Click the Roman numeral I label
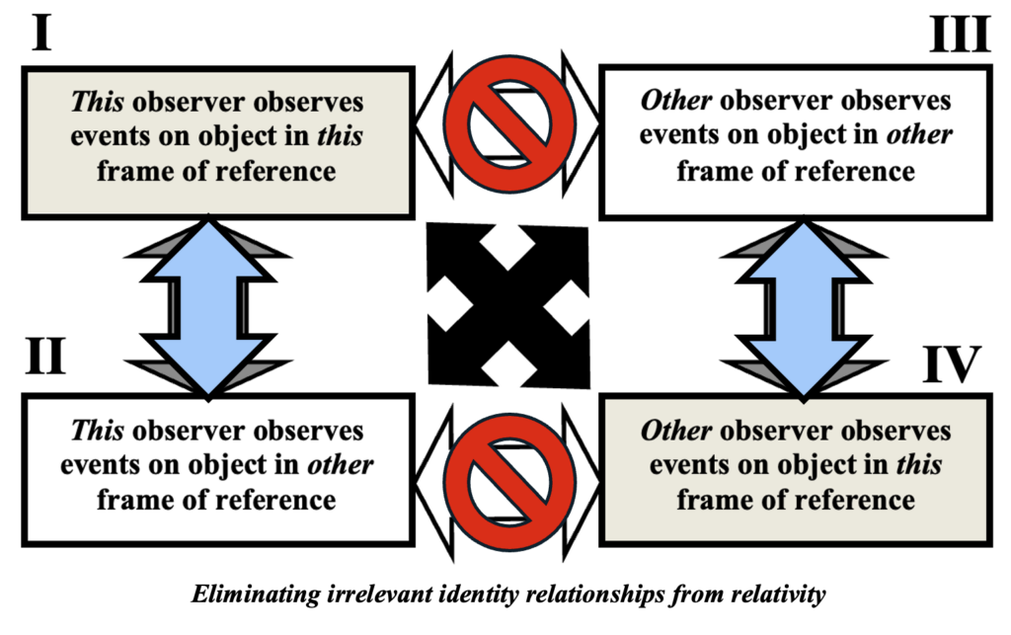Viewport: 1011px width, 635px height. coord(40,34)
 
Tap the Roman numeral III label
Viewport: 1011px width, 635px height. coord(959,34)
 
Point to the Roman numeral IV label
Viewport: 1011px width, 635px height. coord(952,364)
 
